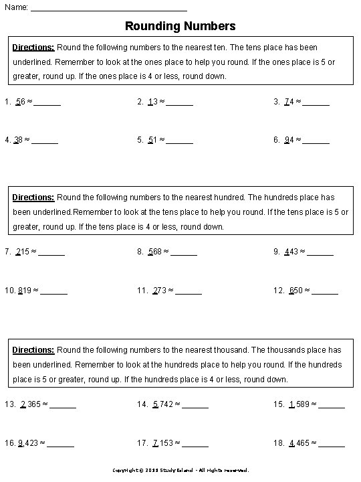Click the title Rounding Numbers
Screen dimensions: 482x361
tap(180, 27)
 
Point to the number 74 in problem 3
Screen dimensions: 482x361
tap(289, 102)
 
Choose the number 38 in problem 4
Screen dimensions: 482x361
tap(18, 141)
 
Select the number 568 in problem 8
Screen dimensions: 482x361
tap(155, 252)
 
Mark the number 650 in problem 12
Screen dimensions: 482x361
tap(296, 291)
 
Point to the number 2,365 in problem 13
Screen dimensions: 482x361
tap(31, 404)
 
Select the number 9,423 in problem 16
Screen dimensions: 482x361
tap(29, 443)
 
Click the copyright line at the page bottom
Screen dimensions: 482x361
tap(180, 471)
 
